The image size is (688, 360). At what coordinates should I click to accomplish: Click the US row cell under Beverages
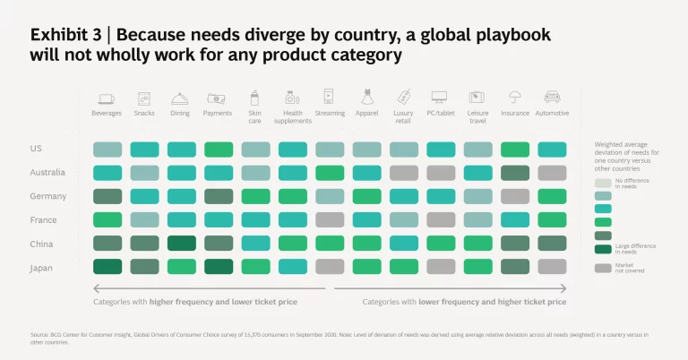click(x=107, y=150)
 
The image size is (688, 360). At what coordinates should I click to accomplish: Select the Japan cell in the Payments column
click(x=218, y=266)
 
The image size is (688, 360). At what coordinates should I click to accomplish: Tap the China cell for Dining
click(x=181, y=243)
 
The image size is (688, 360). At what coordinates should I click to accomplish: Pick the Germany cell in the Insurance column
click(x=514, y=196)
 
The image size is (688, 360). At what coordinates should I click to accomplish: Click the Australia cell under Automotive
click(x=551, y=173)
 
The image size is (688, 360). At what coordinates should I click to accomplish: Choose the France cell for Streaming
click(x=329, y=219)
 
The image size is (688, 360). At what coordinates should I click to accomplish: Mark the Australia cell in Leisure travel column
click(x=477, y=173)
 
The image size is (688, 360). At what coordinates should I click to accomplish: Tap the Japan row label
click(x=41, y=266)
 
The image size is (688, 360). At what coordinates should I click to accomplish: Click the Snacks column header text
click(x=144, y=114)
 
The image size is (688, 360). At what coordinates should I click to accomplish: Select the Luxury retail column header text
click(x=403, y=117)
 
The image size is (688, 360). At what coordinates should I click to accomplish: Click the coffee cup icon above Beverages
click(x=107, y=98)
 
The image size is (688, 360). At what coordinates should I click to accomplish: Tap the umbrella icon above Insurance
click(x=514, y=98)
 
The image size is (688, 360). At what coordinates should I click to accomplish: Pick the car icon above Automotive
click(x=551, y=98)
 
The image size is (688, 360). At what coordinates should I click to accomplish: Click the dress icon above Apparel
click(x=366, y=97)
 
